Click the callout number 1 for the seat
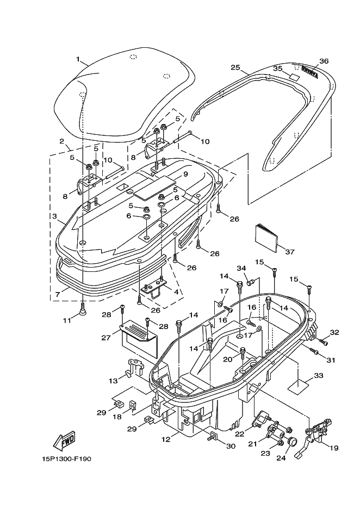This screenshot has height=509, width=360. (x=78, y=59)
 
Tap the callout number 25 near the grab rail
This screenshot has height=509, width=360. (x=235, y=67)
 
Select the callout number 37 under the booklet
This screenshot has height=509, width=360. (x=289, y=252)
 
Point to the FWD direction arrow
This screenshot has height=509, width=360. (x=64, y=439)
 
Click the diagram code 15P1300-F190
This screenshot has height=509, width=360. (x=65, y=458)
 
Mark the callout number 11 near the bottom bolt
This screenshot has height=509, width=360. (x=66, y=321)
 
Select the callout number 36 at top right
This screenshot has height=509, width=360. (x=324, y=61)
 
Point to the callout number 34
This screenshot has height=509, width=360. (x=241, y=268)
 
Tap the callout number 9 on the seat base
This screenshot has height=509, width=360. (x=185, y=175)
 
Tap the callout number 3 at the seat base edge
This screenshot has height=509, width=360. (x=55, y=216)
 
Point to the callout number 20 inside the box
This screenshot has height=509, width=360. (x=228, y=358)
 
